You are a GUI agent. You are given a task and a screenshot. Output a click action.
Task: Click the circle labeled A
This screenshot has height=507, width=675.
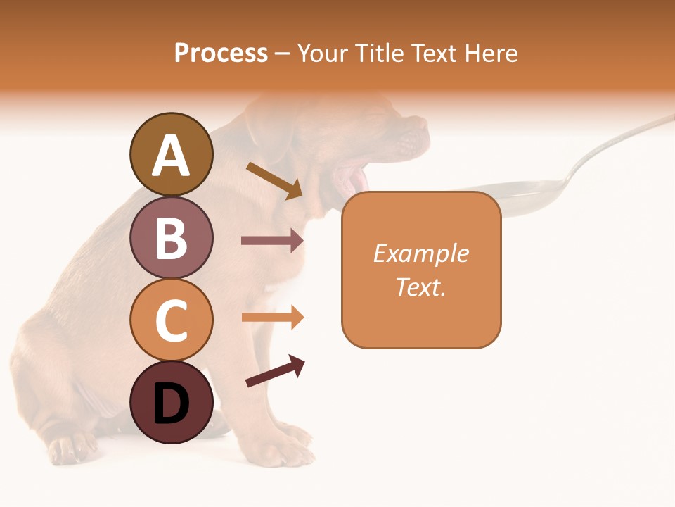[171, 155]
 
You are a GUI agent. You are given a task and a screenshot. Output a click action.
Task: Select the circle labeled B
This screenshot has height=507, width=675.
[171, 237]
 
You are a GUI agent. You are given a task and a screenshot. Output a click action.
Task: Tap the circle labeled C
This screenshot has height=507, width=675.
[171, 320]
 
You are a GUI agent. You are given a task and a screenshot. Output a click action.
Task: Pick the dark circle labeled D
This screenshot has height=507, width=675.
[171, 403]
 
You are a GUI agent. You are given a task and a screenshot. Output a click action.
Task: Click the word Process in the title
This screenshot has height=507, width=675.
[221, 53]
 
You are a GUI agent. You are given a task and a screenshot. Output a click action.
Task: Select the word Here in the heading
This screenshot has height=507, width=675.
[491, 53]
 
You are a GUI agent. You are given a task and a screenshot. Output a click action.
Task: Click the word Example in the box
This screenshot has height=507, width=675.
[421, 254]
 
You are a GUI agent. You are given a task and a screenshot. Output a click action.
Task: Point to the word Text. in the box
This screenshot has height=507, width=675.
[421, 287]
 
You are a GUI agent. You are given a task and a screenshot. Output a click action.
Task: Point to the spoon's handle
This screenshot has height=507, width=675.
[619, 141]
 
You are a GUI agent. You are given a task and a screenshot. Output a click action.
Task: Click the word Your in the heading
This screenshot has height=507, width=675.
[324, 53]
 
